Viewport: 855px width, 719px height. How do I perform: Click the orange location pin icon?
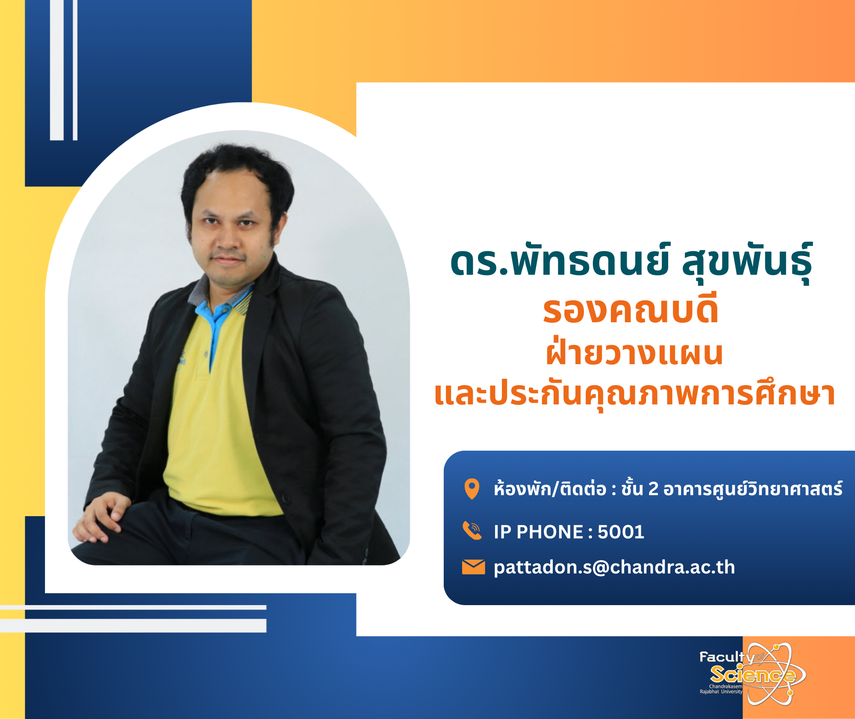click(x=472, y=489)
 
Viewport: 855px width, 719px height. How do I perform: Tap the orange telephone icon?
click(x=472, y=531)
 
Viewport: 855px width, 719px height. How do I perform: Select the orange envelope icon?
click(x=473, y=567)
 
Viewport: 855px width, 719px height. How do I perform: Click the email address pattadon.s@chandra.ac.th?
click(x=614, y=567)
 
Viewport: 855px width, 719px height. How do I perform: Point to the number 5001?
click(x=621, y=532)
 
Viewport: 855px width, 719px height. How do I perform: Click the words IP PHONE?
click(x=538, y=532)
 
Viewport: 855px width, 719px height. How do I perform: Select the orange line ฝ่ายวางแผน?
click(x=634, y=353)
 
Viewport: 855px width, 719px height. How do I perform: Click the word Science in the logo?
click(x=752, y=675)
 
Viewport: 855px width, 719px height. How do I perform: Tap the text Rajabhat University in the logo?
click(x=721, y=692)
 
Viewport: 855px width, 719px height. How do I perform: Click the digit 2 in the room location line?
click(x=653, y=489)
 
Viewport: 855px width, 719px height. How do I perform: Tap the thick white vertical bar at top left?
click(x=57, y=70)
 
